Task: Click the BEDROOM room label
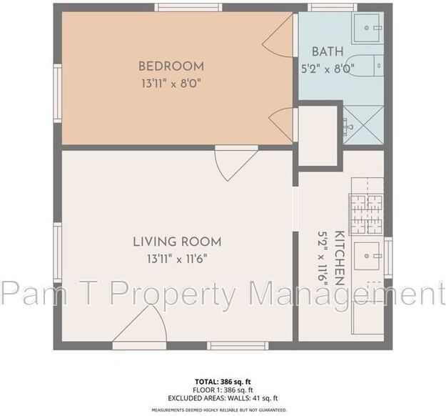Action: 171,66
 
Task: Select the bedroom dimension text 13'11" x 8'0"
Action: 171,83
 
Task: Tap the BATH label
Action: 328,52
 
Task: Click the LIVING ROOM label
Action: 177,242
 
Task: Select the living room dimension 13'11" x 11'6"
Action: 177,259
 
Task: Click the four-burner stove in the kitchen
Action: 366,214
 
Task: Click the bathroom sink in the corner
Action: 368,29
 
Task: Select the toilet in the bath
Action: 372,65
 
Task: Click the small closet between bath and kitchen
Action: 317,136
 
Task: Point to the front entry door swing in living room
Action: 143,326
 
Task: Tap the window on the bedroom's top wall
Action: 188,8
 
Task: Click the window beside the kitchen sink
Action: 388,257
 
